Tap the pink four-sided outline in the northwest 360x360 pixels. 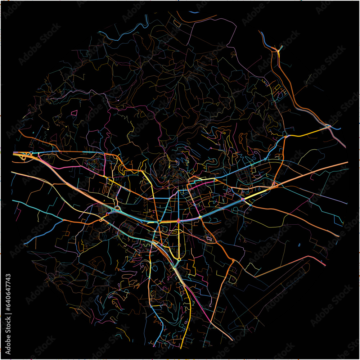(x=74, y=113)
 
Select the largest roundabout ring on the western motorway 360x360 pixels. (x=117, y=208)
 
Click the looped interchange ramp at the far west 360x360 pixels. (x=24, y=157)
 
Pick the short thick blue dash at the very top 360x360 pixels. (x=194, y=12)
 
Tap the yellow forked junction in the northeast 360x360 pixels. (x=278, y=50)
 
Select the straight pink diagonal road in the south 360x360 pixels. (x=198, y=302)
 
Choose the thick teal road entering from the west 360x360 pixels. (x=32, y=205)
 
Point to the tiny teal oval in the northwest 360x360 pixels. (x=33, y=133)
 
